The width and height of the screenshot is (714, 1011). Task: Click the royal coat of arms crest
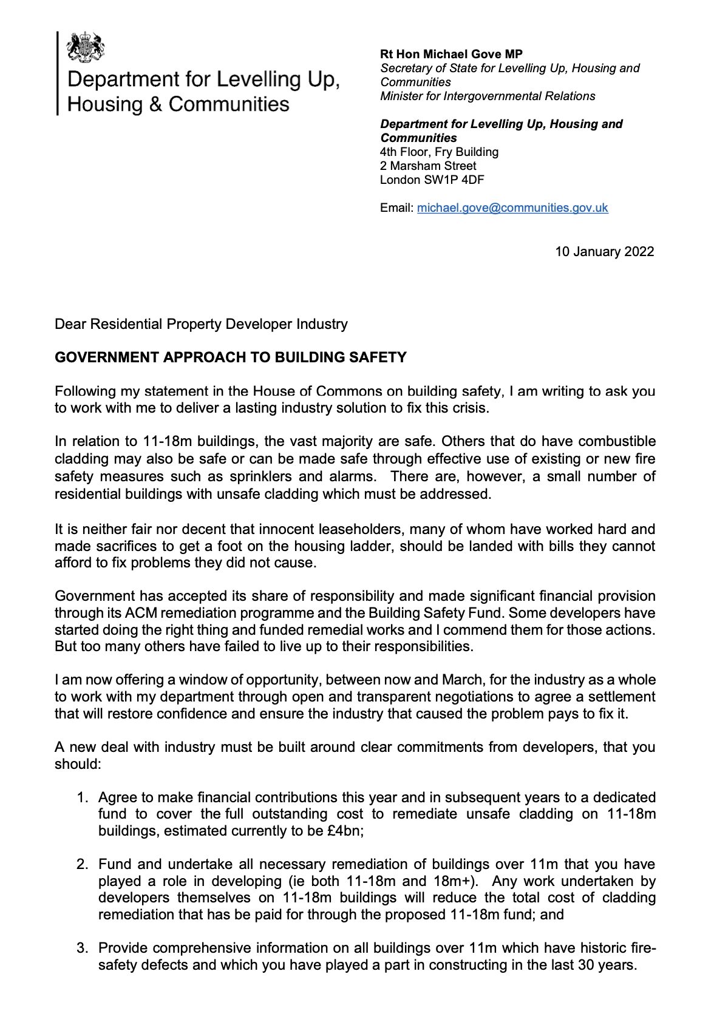[85, 47]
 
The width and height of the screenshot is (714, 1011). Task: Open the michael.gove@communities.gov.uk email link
[512, 208]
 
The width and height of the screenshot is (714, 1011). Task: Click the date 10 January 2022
[604, 251]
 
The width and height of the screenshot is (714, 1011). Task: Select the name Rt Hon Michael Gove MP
[451, 54]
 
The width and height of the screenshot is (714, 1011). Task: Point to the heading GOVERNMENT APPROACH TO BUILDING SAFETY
[231, 357]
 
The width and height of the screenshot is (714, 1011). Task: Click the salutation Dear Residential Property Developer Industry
[201, 324]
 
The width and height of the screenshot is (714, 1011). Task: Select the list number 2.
[83, 864]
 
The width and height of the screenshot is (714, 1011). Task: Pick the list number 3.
[83, 948]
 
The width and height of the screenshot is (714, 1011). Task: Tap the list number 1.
[83, 797]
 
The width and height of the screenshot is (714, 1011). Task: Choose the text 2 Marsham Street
[428, 166]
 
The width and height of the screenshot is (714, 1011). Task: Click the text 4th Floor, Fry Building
[439, 152]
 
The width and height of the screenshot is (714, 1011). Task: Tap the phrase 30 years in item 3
[609, 965]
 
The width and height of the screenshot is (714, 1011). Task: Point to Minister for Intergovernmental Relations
[488, 96]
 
